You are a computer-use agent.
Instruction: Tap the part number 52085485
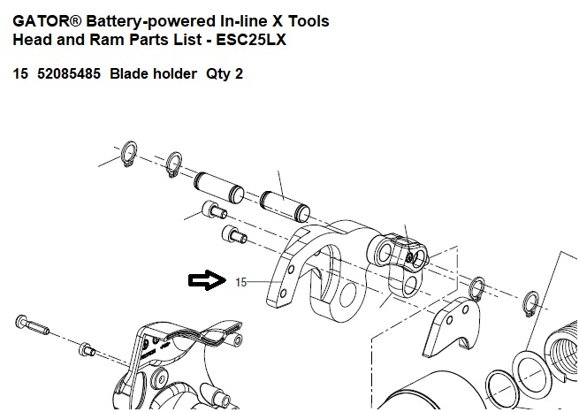coord(68,74)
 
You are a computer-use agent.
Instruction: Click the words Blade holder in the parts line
coord(152,74)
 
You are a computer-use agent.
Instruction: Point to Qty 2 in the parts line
coord(225,74)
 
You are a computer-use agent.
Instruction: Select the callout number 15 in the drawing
coord(240,282)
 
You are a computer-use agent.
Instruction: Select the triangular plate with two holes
coord(452,327)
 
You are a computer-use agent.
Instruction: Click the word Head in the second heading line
coord(33,41)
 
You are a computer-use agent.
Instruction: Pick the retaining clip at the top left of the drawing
coord(129,154)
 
